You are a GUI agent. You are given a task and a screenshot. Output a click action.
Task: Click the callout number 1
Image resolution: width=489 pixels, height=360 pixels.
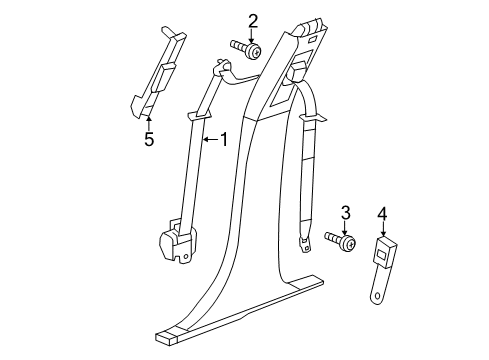click(224, 141)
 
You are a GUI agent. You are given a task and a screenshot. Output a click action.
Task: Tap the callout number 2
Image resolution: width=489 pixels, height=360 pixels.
click(253, 20)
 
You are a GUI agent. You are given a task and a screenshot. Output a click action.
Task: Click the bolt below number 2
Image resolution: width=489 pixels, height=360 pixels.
click(248, 49)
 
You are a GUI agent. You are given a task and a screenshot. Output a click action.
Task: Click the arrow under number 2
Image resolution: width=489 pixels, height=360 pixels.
click(253, 37)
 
